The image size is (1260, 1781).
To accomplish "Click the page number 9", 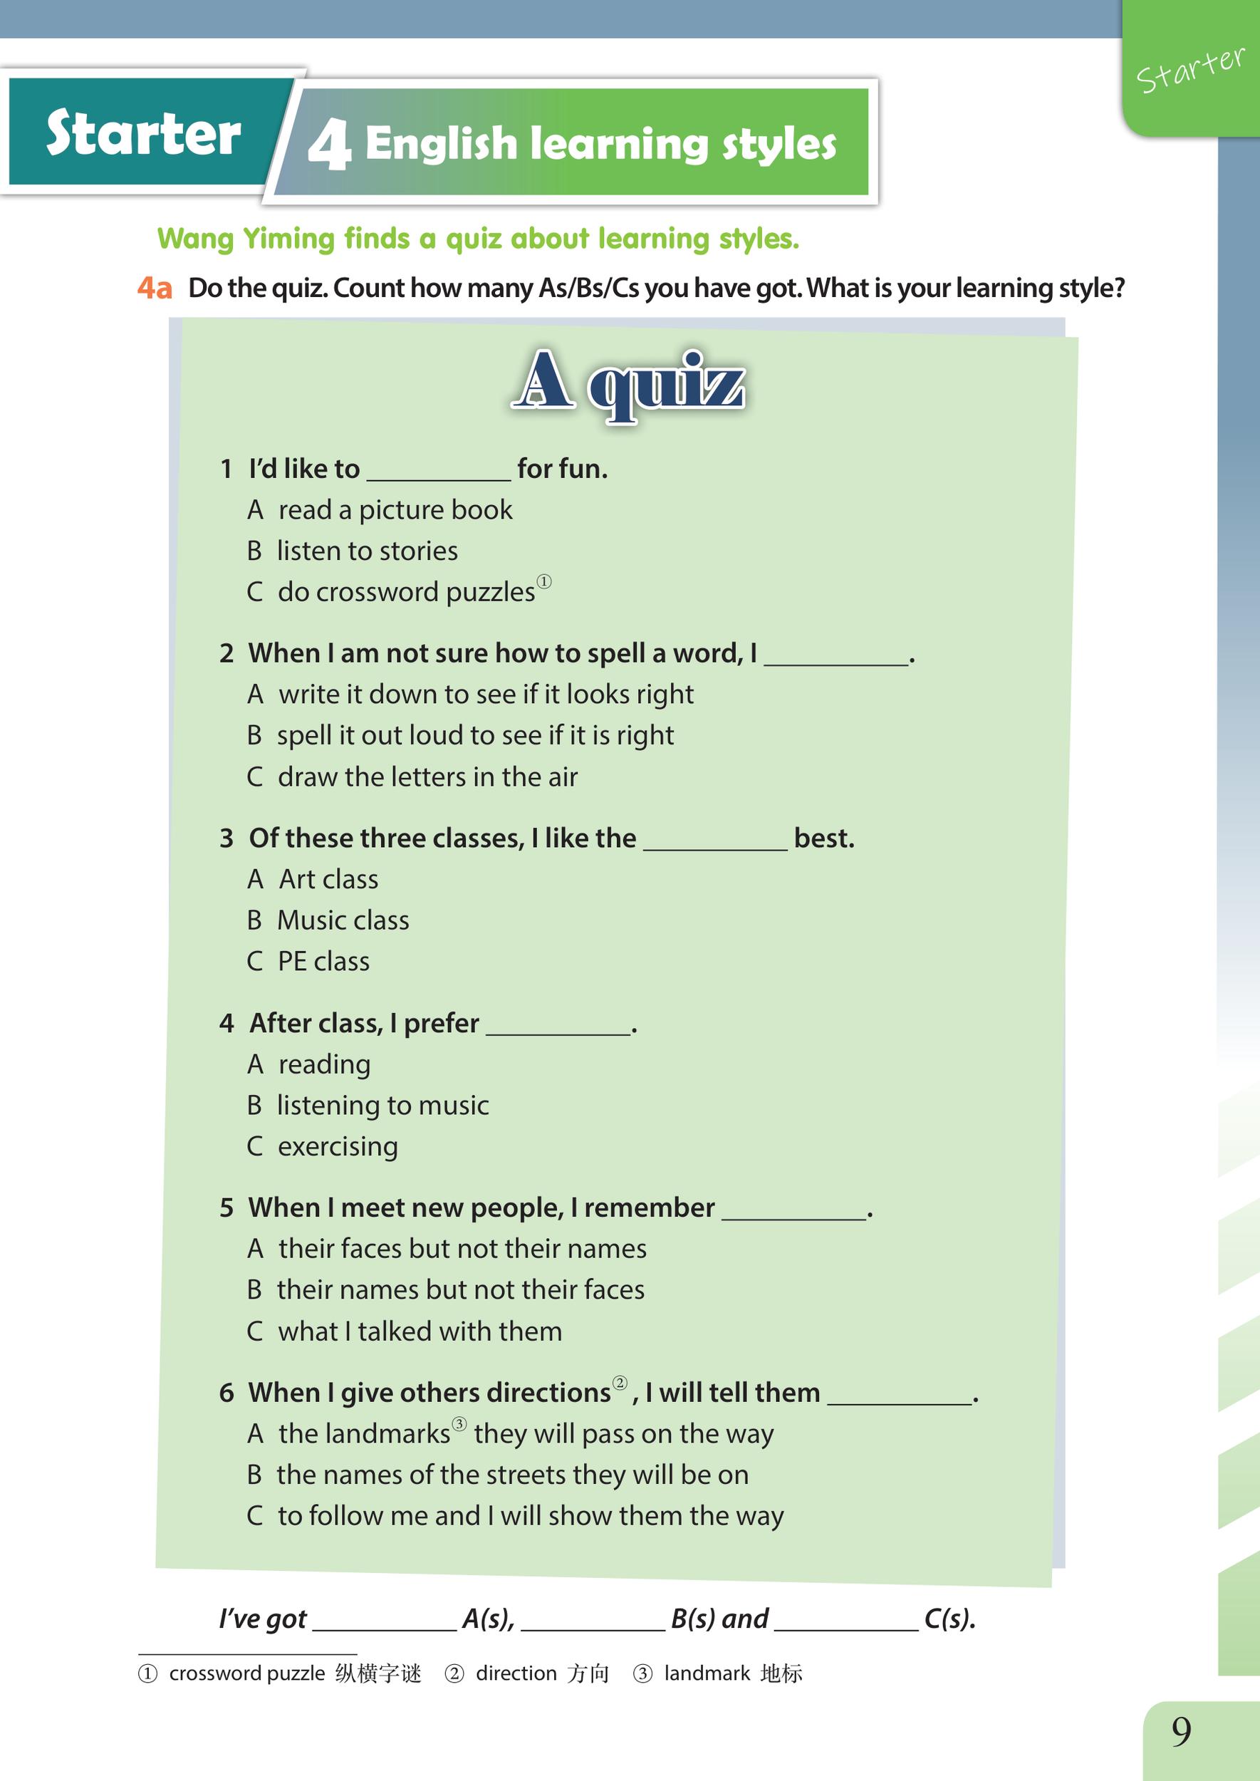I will pos(1181,1732).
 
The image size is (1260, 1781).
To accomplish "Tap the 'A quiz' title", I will pos(628,384).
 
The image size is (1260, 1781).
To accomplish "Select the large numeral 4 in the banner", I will pos(329,145).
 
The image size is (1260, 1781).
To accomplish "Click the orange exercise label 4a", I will pos(155,289).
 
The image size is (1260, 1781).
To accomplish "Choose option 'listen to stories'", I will pos(367,551).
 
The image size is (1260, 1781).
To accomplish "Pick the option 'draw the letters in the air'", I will pos(427,777).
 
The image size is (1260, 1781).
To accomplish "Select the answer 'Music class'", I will pos(343,920).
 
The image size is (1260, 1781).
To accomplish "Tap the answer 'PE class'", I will pos(323,962).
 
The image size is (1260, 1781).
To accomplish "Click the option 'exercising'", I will pos(338,1146).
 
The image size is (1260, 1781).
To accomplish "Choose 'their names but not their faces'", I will pos(461,1289).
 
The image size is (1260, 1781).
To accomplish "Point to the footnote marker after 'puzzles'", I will pos(544,582).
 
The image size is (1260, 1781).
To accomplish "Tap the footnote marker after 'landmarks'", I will pos(459,1424).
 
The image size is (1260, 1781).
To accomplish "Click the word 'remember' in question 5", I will pos(649,1208).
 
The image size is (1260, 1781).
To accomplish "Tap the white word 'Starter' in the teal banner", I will pos(144,133).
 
